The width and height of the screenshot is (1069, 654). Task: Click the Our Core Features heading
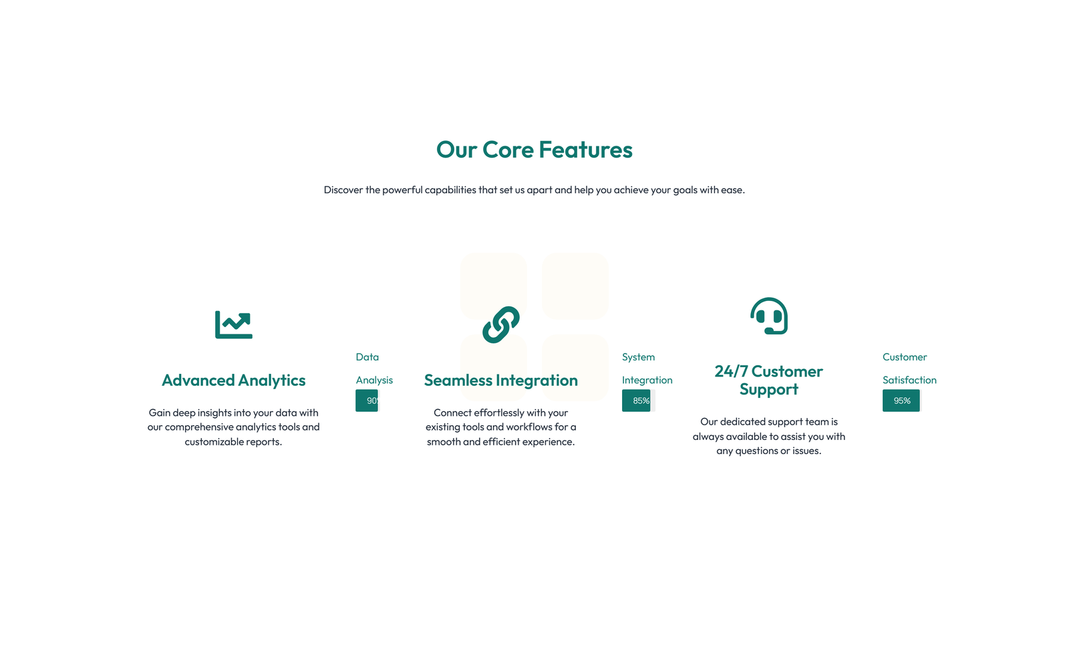534,150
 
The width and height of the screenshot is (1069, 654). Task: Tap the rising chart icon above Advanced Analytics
234,324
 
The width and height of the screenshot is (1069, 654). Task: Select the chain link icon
500,325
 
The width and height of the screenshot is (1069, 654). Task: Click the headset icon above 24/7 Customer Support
769,316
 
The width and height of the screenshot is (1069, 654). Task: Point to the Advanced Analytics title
233,380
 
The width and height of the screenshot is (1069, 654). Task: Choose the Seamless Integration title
500,380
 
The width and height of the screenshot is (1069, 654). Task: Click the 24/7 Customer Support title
769,380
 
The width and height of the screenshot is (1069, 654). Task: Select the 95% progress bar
901,401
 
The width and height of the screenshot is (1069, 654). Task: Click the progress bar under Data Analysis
367,401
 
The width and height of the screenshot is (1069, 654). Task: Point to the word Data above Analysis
367,357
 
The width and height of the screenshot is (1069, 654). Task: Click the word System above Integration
638,357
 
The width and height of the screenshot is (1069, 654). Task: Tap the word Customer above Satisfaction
905,357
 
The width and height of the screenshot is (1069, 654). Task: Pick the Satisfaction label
909,380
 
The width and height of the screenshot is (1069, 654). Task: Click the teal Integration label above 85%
647,380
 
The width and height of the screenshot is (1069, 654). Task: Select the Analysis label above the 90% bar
374,380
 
